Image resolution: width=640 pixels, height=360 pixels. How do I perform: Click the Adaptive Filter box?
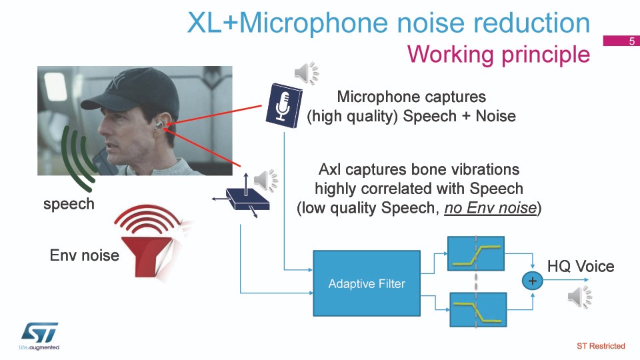tap(367, 283)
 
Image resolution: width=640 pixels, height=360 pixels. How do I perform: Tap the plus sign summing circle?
tap(532, 281)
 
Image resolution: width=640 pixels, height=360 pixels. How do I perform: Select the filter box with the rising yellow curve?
tap(476, 253)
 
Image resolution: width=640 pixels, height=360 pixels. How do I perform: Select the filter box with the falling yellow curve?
tap(478, 310)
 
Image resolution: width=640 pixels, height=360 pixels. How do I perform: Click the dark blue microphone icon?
tap(284, 106)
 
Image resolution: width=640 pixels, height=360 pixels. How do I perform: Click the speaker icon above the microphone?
tap(307, 73)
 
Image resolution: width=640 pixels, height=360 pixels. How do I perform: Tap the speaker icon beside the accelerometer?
tap(266, 180)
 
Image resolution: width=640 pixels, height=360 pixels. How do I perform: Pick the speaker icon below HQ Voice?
tap(579, 297)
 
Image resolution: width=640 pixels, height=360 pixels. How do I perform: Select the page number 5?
tap(632, 41)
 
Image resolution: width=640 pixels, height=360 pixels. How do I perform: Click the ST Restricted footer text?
tap(601, 346)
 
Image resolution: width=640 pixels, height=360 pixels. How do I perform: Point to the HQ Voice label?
tap(581, 267)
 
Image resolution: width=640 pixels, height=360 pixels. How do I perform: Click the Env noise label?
tap(85, 255)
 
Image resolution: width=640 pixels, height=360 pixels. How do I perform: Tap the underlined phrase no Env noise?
tap(490, 208)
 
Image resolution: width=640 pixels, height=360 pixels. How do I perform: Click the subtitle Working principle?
tap(499, 54)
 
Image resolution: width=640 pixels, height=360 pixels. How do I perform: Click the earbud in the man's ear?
tap(159, 125)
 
